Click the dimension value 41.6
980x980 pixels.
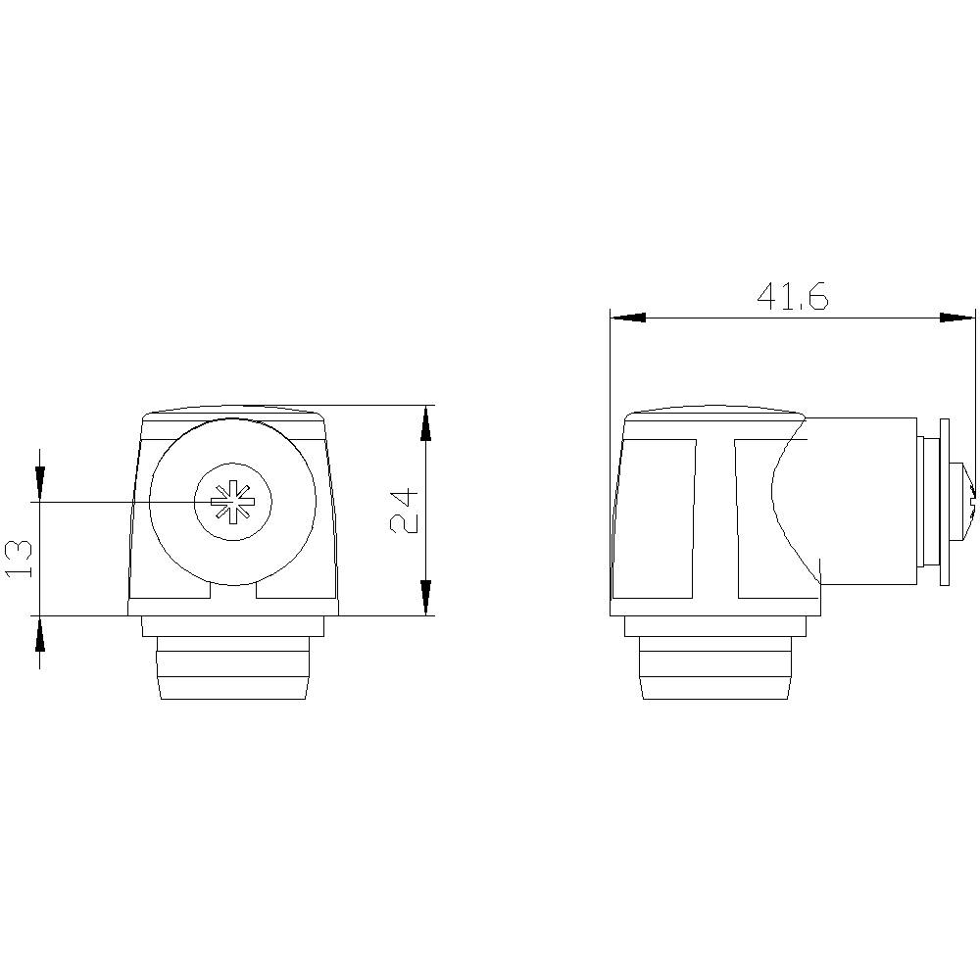[x=792, y=295]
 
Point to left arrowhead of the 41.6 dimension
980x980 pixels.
[x=627, y=318]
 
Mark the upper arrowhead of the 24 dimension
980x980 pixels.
[x=425, y=422]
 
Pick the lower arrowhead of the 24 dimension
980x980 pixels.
[x=425, y=597]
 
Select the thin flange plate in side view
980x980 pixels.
[x=945, y=502]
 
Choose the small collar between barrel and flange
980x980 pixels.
[x=926, y=502]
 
